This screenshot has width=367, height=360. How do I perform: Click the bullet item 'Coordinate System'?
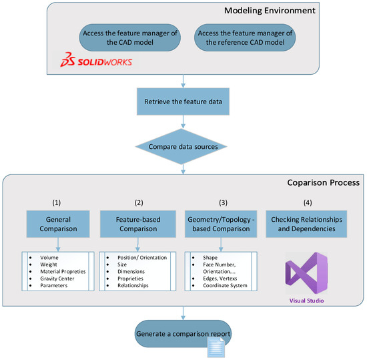tap(222, 286)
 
